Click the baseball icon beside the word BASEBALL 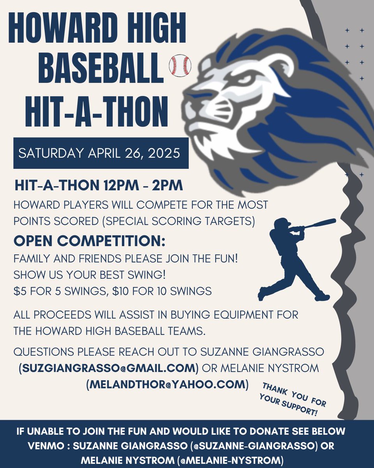[180, 65]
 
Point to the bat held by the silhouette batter [319, 223]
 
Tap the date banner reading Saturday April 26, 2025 [101, 153]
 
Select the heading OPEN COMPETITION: [90, 241]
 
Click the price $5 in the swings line [19, 291]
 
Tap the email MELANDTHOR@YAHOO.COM [168, 384]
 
